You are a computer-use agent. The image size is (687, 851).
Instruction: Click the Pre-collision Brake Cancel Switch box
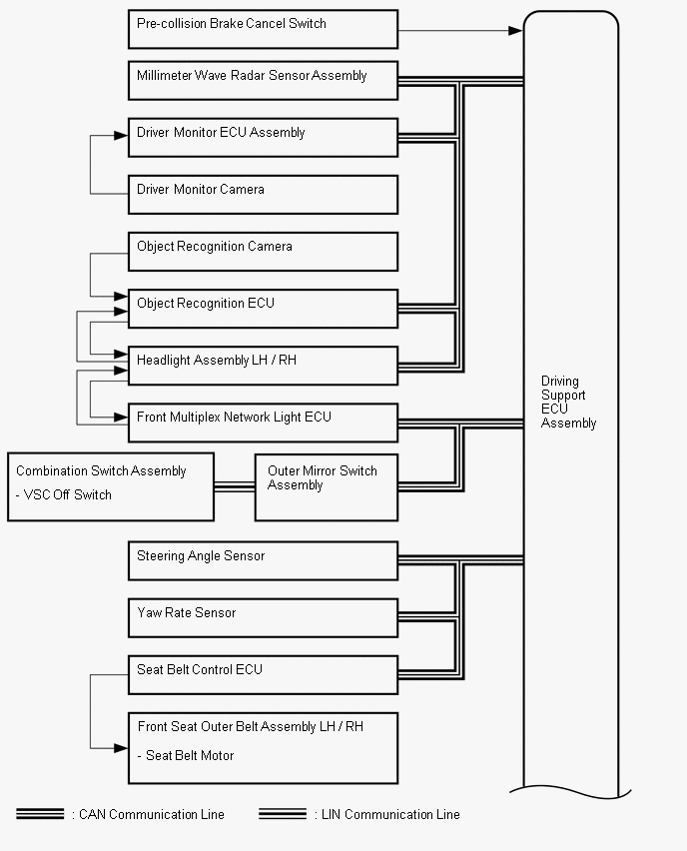(x=263, y=29)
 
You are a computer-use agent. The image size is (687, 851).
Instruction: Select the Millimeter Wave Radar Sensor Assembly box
(x=263, y=81)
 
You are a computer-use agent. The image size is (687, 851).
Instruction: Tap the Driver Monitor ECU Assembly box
(x=263, y=138)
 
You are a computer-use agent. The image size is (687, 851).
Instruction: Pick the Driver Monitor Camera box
(x=263, y=195)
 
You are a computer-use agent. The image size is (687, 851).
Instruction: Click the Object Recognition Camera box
(x=263, y=252)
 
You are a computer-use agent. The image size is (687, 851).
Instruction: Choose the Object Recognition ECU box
(x=263, y=309)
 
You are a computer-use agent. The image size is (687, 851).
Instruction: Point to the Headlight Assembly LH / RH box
(x=263, y=366)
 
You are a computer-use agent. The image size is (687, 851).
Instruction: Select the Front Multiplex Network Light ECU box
(x=263, y=423)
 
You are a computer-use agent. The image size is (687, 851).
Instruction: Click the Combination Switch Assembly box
(x=111, y=486)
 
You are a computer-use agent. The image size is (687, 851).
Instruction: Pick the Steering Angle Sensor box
(x=263, y=561)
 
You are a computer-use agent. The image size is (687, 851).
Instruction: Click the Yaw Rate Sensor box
(x=263, y=618)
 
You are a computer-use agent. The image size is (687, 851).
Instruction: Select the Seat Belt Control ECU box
(x=263, y=675)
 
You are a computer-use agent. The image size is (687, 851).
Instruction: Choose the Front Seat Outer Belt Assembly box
(x=263, y=747)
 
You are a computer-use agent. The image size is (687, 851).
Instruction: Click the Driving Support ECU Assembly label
(x=568, y=403)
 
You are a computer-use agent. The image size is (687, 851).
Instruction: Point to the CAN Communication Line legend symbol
(x=40, y=814)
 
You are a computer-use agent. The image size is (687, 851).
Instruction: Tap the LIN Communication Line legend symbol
(x=282, y=814)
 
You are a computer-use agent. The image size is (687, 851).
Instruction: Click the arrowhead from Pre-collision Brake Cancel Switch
(x=515, y=31)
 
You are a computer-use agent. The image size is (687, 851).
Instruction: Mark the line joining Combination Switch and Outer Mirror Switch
(x=235, y=487)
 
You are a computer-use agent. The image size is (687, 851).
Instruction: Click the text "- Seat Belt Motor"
(x=188, y=756)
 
